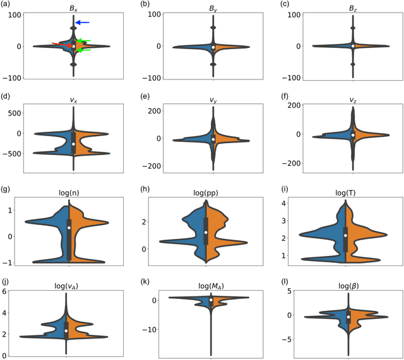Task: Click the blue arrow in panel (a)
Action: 83,23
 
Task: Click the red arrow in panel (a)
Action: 62,44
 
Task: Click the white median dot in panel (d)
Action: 73,144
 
